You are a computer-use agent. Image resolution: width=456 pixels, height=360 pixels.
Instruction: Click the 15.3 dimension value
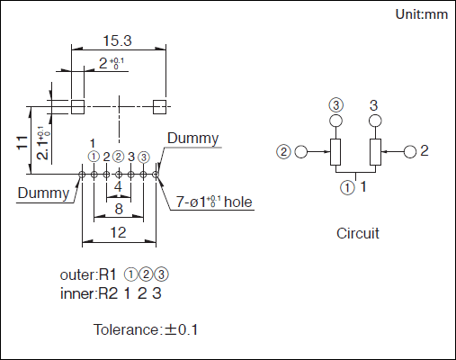click(x=117, y=40)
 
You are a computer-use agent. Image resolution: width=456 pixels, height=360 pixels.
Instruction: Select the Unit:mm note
click(x=422, y=14)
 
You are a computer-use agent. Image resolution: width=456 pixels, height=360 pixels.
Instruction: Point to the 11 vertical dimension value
click(x=22, y=142)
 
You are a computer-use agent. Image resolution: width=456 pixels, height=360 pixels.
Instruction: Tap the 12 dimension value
click(x=118, y=232)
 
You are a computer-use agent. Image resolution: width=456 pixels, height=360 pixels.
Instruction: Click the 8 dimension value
click(x=119, y=209)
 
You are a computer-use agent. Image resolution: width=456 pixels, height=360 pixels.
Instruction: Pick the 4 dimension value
click(x=118, y=186)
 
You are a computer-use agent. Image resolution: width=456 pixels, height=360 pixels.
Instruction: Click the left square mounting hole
click(x=77, y=107)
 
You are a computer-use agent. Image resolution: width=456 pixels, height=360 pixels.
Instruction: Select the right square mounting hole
click(x=159, y=107)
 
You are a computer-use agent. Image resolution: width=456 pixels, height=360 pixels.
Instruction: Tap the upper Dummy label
click(x=193, y=139)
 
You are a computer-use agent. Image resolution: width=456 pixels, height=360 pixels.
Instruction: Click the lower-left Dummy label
click(x=43, y=193)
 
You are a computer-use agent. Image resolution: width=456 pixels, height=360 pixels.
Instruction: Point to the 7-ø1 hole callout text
click(x=214, y=202)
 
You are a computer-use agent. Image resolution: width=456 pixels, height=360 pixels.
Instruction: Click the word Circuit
click(x=358, y=233)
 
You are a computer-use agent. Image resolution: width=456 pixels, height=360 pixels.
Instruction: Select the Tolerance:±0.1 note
click(x=146, y=329)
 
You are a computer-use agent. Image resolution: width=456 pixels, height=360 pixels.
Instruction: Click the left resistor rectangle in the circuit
click(x=335, y=152)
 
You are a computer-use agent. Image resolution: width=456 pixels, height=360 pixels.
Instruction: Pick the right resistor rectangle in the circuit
click(x=376, y=152)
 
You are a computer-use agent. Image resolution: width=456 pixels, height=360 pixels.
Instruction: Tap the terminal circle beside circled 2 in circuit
click(x=301, y=152)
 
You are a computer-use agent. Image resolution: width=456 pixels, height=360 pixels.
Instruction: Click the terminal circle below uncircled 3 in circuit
click(x=375, y=121)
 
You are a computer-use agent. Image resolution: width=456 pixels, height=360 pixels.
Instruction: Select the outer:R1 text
click(x=88, y=274)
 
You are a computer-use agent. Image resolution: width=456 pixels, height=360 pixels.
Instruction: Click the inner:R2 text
click(x=89, y=293)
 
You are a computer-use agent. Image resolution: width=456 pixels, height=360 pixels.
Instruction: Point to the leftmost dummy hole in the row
click(x=82, y=174)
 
